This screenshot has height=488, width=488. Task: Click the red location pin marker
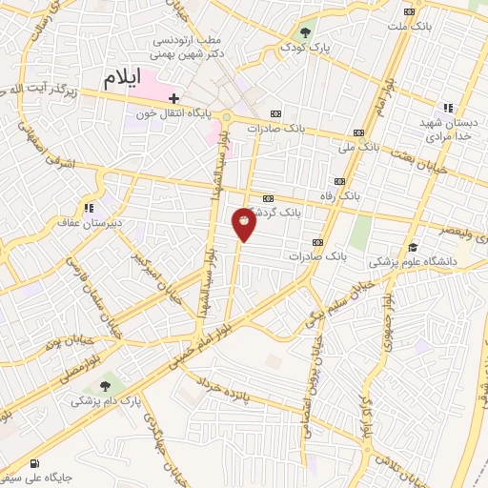pos(244,223)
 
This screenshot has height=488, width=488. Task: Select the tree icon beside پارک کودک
pos(307,30)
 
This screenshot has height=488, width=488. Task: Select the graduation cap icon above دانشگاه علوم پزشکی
pos(412,246)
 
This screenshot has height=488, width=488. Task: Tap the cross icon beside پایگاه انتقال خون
pos(173,98)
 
